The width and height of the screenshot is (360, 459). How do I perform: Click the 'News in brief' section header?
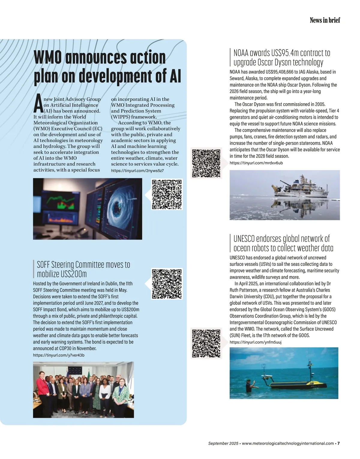tap(325, 20)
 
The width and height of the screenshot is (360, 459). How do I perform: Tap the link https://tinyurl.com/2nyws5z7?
tap(137, 170)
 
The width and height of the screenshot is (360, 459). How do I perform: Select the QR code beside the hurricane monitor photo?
tap(167, 194)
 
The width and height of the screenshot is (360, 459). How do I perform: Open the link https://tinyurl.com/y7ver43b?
tap(58, 355)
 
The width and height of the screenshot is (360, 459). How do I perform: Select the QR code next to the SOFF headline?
tap(167, 284)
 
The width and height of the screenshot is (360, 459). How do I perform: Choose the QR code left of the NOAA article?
tap(206, 163)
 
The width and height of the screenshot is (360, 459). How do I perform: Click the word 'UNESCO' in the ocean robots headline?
tap(244, 239)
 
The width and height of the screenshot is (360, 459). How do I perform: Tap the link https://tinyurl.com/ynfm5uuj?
tap(255, 342)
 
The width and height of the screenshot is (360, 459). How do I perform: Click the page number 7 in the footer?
tap(338, 443)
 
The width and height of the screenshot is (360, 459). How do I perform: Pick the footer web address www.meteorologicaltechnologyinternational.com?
tap(288, 443)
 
